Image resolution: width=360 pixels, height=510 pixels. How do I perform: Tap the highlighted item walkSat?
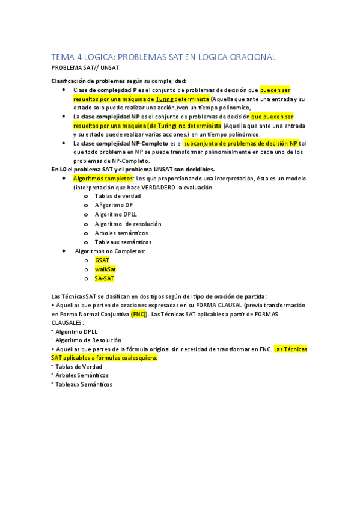[x=105, y=269]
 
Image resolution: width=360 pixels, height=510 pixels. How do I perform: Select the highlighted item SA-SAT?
[x=104, y=278]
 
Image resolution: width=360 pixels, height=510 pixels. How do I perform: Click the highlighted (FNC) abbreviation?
[x=138, y=313]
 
